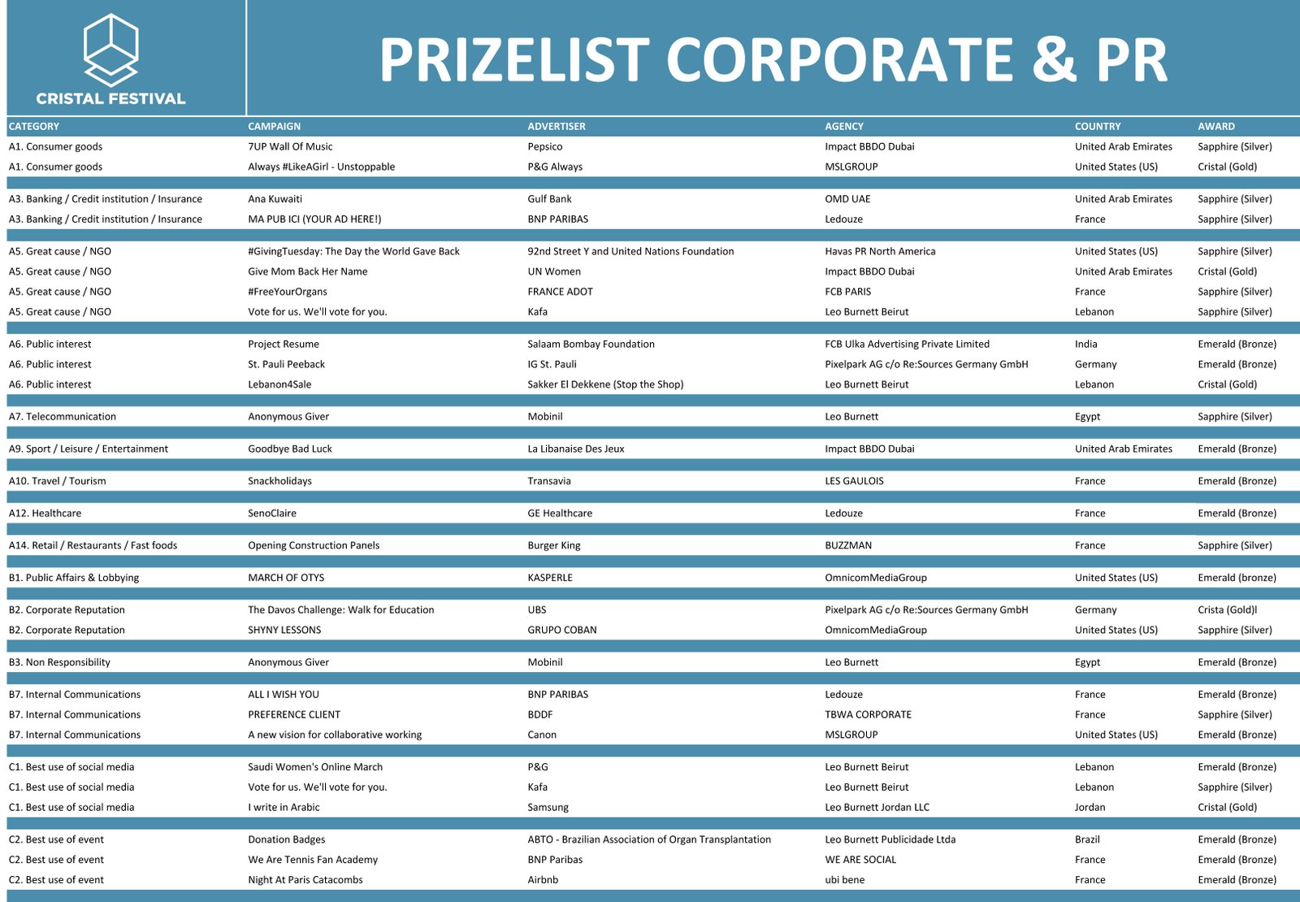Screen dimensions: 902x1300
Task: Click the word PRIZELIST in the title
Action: coord(513,60)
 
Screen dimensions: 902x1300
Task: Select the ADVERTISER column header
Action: coord(556,126)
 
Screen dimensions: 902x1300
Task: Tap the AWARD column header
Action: coord(1215,126)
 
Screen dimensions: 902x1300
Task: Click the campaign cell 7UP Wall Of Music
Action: coord(290,146)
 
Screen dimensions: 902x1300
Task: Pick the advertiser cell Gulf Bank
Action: coord(549,199)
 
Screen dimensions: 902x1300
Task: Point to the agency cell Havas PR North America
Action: coord(880,251)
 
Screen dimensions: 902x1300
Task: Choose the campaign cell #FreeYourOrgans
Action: coord(288,292)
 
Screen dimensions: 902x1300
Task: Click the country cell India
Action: coord(1085,345)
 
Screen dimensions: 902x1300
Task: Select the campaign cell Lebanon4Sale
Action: coord(279,384)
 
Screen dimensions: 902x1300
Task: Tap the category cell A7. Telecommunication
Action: coord(63,417)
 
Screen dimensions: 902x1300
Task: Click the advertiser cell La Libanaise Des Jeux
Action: coord(575,449)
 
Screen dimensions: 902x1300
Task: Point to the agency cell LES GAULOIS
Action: coord(854,481)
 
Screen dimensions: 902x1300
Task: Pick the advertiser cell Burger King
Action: coord(553,545)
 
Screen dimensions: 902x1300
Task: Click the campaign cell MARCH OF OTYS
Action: coord(286,578)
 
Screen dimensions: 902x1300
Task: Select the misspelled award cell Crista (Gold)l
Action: coord(1227,610)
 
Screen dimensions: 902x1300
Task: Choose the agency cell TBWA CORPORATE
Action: coord(868,715)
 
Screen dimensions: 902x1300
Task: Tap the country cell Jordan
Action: coord(1090,808)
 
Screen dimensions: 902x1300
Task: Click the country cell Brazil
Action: coord(1087,839)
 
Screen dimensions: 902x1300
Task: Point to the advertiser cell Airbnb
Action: coord(543,880)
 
